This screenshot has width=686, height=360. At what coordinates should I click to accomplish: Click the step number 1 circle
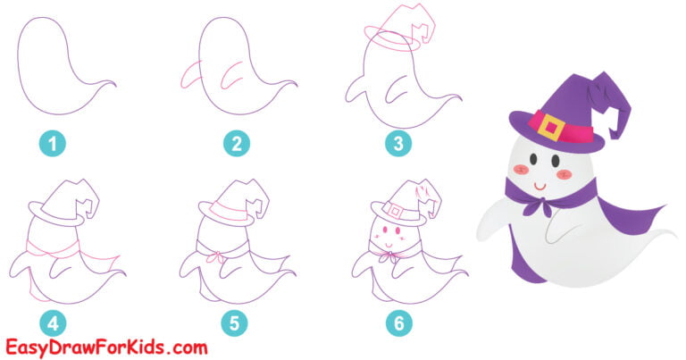51,142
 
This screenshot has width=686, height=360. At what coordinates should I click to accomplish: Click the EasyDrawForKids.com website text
105,347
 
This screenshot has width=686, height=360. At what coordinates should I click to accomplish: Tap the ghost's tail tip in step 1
113,85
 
